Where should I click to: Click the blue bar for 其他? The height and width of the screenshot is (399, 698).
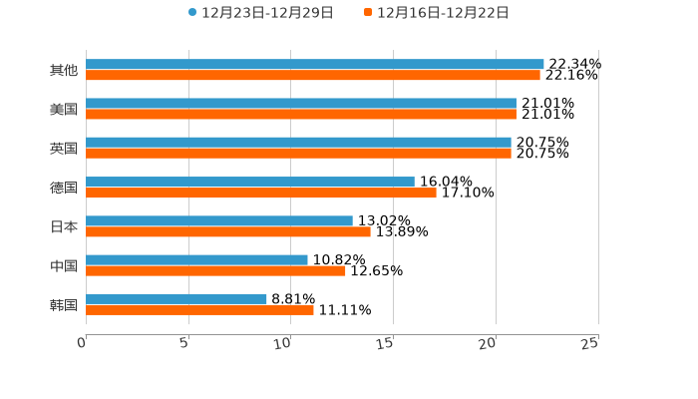[x=315, y=64]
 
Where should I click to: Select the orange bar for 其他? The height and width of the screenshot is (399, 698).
[x=313, y=75]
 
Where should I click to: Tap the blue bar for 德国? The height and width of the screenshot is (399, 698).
[x=250, y=182]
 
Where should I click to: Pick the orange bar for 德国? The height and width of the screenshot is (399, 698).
[x=261, y=193]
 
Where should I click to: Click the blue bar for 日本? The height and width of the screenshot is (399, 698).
[x=219, y=220]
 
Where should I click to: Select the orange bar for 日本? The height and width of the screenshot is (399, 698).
[x=228, y=231]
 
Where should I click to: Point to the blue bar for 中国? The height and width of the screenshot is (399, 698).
[x=196, y=259]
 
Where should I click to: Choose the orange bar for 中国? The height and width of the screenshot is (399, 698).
[x=215, y=270]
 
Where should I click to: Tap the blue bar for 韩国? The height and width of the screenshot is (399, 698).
[x=176, y=298]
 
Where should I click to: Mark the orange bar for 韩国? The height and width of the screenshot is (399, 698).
[x=199, y=309]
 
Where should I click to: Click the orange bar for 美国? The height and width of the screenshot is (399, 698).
[x=301, y=114]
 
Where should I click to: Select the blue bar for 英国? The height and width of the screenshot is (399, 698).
[x=298, y=143]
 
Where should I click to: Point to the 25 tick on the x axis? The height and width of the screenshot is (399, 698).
[x=590, y=343]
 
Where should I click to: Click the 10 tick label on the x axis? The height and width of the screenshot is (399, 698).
[x=283, y=343]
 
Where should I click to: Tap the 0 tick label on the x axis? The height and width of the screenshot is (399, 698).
[x=82, y=343]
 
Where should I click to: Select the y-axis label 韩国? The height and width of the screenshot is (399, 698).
[x=63, y=304]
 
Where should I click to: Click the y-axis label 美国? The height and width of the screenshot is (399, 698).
[x=63, y=109]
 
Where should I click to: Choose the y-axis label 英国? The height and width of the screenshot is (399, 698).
[x=63, y=148]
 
